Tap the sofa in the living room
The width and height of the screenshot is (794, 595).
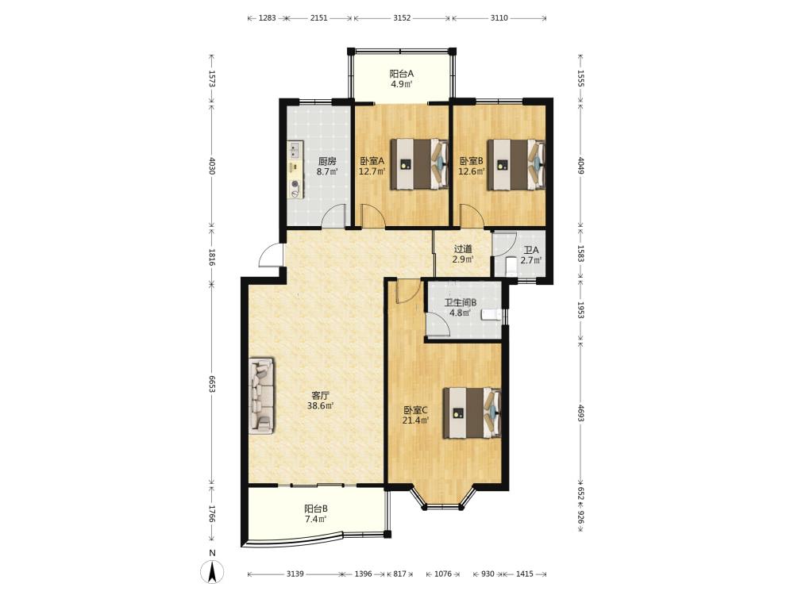coord(262,396)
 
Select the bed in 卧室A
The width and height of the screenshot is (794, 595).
coord(419,164)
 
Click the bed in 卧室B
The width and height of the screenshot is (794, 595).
coord(517,164)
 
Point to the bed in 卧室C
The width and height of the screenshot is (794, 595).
coord(472,413)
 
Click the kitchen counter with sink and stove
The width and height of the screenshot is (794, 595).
coord(295,170)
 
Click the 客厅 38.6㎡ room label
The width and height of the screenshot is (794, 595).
coord(320,400)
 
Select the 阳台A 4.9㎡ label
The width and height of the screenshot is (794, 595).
coord(402,79)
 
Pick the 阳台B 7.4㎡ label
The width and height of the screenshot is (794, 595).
coord(316,513)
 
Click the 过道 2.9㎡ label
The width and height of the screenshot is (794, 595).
coord(463,254)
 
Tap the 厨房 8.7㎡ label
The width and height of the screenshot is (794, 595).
coord(327,166)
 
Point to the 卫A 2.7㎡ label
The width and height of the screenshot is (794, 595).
coord(531,255)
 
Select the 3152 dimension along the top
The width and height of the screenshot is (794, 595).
coord(402,17)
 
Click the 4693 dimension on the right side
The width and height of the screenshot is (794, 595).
coord(581,413)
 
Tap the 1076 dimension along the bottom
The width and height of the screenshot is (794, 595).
coord(443,574)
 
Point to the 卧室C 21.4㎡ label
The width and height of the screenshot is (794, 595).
coord(415,415)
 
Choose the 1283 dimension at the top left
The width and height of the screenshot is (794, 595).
coord(268,17)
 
